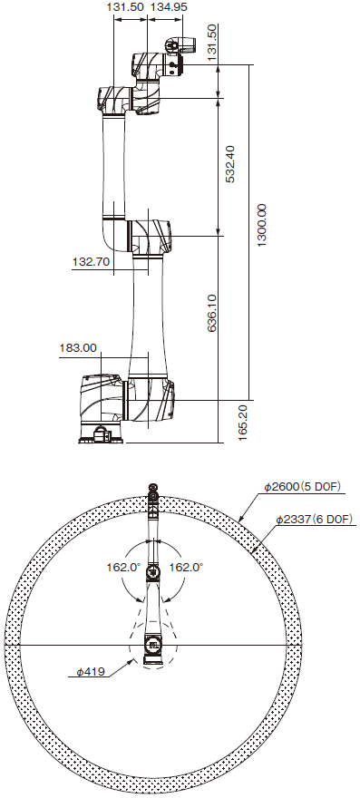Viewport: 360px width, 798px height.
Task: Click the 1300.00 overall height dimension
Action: click(261, 226)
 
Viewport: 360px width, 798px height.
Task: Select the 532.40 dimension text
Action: click(229, 164)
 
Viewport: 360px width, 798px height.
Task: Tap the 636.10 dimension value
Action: click(212, 313)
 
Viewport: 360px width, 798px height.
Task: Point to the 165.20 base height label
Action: click(242, 423)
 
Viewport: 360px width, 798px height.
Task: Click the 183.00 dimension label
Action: click(78, 348)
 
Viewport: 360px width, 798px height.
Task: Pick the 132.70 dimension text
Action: click(92, 262)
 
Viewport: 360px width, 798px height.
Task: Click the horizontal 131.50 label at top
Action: click(126, 6)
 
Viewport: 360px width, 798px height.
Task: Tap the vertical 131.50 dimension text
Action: click(212, 43)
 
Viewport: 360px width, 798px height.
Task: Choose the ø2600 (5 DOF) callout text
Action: click(302, 487)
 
